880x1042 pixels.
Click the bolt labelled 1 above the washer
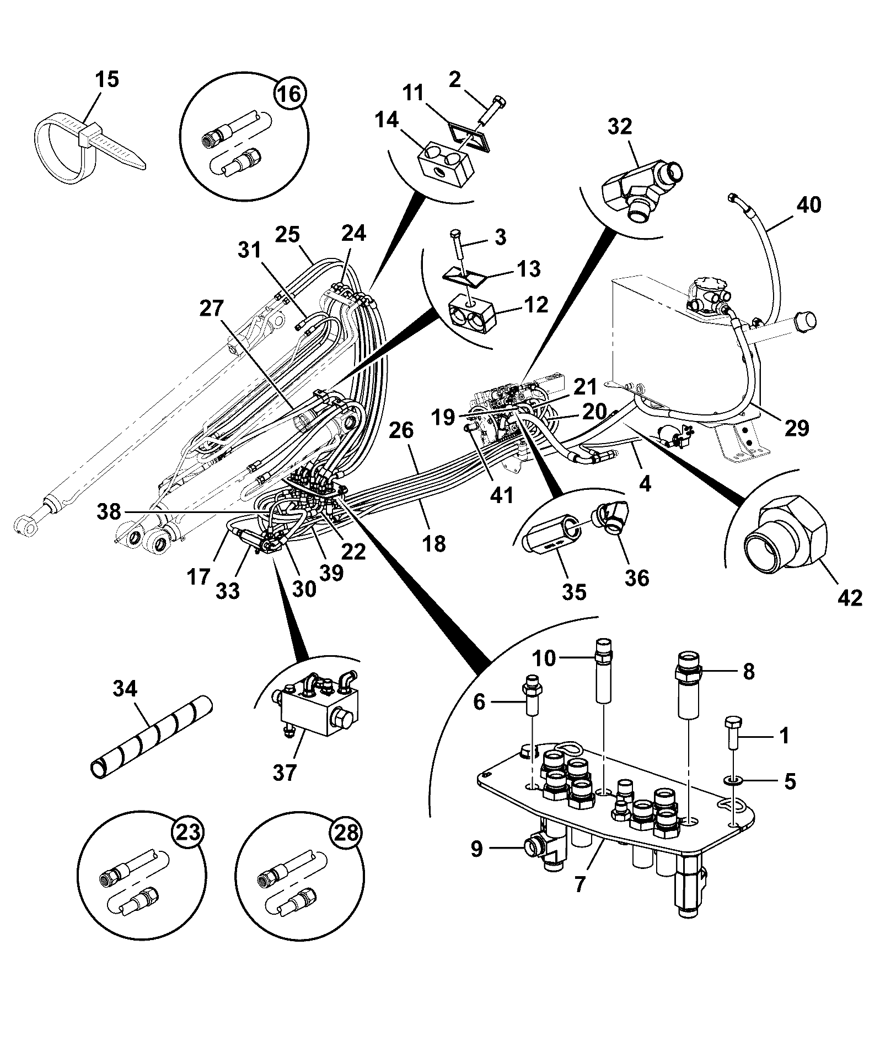point(733,732)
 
